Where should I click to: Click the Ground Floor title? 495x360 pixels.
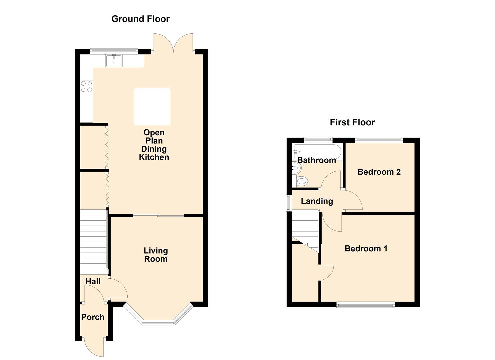140,19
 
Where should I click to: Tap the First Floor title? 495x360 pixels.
352,122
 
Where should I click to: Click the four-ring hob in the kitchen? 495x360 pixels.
87,87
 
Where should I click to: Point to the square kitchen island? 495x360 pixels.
152,106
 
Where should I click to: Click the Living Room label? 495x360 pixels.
156,255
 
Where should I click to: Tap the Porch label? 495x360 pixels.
93,317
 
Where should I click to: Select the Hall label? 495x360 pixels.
93,281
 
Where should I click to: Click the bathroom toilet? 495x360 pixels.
301,181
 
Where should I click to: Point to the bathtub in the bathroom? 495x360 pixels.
317,151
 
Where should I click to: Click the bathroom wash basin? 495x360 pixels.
295,167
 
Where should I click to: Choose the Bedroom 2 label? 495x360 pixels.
379,172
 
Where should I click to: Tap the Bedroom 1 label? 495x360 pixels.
366,249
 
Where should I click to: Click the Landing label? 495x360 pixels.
317,201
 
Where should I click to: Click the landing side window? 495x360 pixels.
288,203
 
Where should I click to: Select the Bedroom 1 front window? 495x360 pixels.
365,304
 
